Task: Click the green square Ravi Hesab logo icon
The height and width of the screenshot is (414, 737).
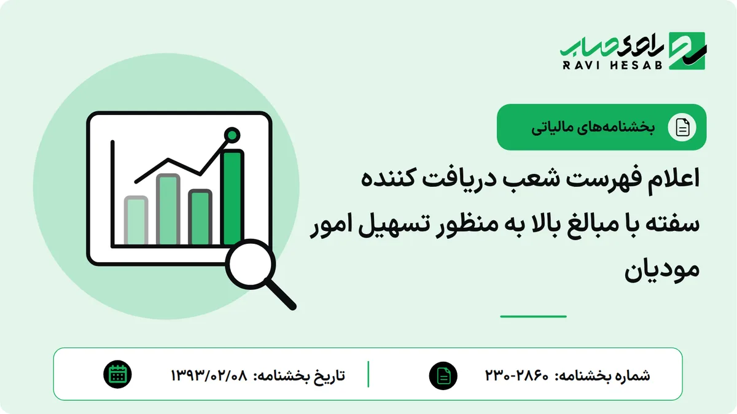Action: (687, 51)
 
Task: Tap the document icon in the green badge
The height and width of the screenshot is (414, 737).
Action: (682, 127)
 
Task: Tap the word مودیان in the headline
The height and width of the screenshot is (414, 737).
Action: (662, 270)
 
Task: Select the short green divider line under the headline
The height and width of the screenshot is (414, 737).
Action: (533, 316)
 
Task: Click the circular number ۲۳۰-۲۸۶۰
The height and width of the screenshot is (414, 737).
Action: (517, 375)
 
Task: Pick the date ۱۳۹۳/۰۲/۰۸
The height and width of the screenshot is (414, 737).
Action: (209, 375)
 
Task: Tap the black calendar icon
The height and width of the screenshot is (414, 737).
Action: (117, 375)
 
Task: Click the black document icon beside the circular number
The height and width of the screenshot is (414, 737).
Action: (443, 375)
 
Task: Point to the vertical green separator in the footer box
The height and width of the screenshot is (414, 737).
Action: (368, 374)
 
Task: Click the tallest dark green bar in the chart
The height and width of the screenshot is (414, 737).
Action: (233, 198)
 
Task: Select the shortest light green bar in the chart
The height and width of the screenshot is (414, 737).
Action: (136, 221)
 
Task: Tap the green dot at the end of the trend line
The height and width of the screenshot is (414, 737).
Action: (232, 135)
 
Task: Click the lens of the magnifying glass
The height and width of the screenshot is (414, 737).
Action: (251, 264)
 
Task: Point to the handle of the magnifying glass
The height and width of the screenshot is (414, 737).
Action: (280, 294)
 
